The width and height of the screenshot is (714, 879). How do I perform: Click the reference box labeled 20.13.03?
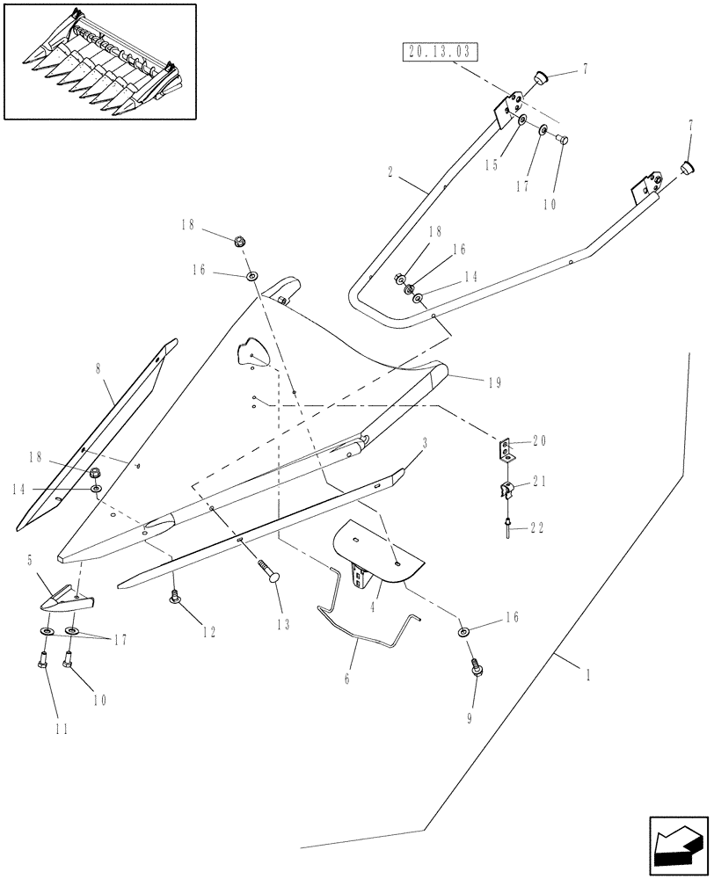[441, 52]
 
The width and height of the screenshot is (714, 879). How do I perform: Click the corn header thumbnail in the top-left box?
[99, 61]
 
